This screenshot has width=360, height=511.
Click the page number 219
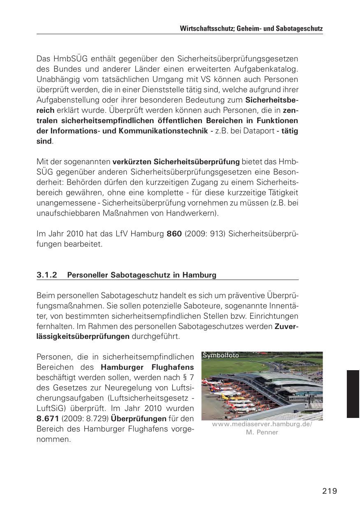[x=330, y=491]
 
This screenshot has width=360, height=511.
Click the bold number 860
[x=174, y=234]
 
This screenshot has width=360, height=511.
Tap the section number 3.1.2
[x=46, y=275]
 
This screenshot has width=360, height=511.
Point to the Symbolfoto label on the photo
[x=221, y=355]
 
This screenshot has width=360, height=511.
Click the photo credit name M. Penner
[x=262, y=432]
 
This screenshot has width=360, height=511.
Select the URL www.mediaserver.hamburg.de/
[x=262, y=425]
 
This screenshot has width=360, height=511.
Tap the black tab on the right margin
[x=353, y=394]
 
